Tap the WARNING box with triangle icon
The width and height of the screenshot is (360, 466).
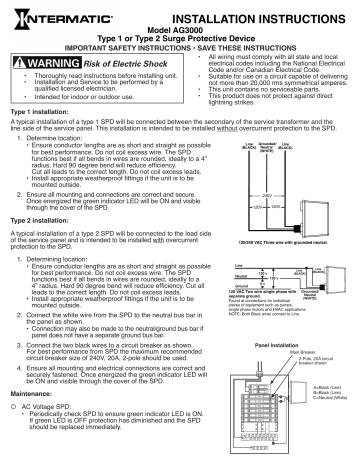pos(54,65)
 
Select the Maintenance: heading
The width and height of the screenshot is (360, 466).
pos(32,404)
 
